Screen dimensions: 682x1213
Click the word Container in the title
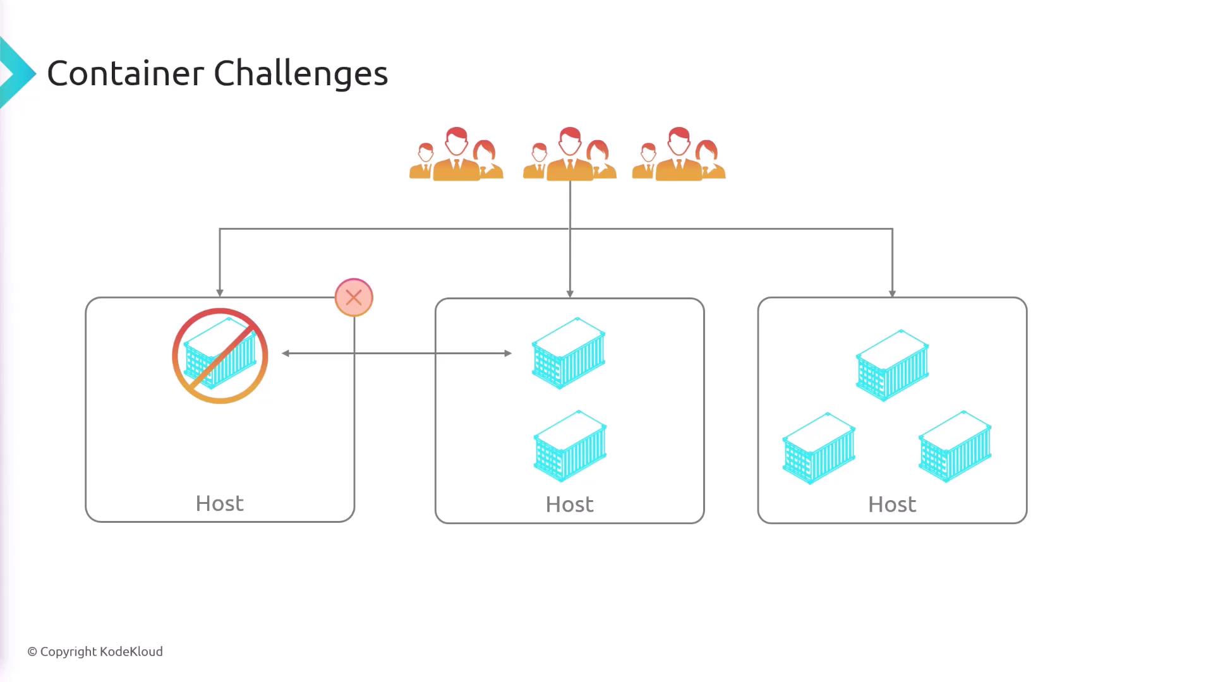[x=125, y=73]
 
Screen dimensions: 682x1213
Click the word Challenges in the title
[x=301, y=75]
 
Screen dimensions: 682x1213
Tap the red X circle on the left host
[x=354, y=297]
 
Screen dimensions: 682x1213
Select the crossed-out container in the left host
[x=220, y=356]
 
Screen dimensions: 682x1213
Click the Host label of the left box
[x=219, y=503]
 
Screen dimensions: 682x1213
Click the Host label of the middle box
[x=569, y=505]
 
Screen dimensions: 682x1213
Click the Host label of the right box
[x=891, y=505]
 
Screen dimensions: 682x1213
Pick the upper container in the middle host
[x=569, y=353]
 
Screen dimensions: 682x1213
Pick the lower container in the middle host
[x=570, y=446]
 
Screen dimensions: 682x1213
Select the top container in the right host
[x=892, y=365]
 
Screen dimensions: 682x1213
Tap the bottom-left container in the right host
[x=819, y=448]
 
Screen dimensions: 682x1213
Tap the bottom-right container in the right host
[x=955, y=446]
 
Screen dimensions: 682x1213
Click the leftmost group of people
[x=456, y=155]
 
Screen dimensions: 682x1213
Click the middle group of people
[x=569, y=155]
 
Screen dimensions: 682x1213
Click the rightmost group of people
[x=679, y=155]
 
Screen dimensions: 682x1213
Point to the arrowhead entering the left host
[x=220, y=292]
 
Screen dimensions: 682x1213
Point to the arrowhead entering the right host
[x=892, y=293]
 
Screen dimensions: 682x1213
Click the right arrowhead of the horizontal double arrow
[x=508, y=354]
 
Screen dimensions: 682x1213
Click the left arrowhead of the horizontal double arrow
[x=286, y=354]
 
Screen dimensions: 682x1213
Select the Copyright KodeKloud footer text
[x=95, y=652]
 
